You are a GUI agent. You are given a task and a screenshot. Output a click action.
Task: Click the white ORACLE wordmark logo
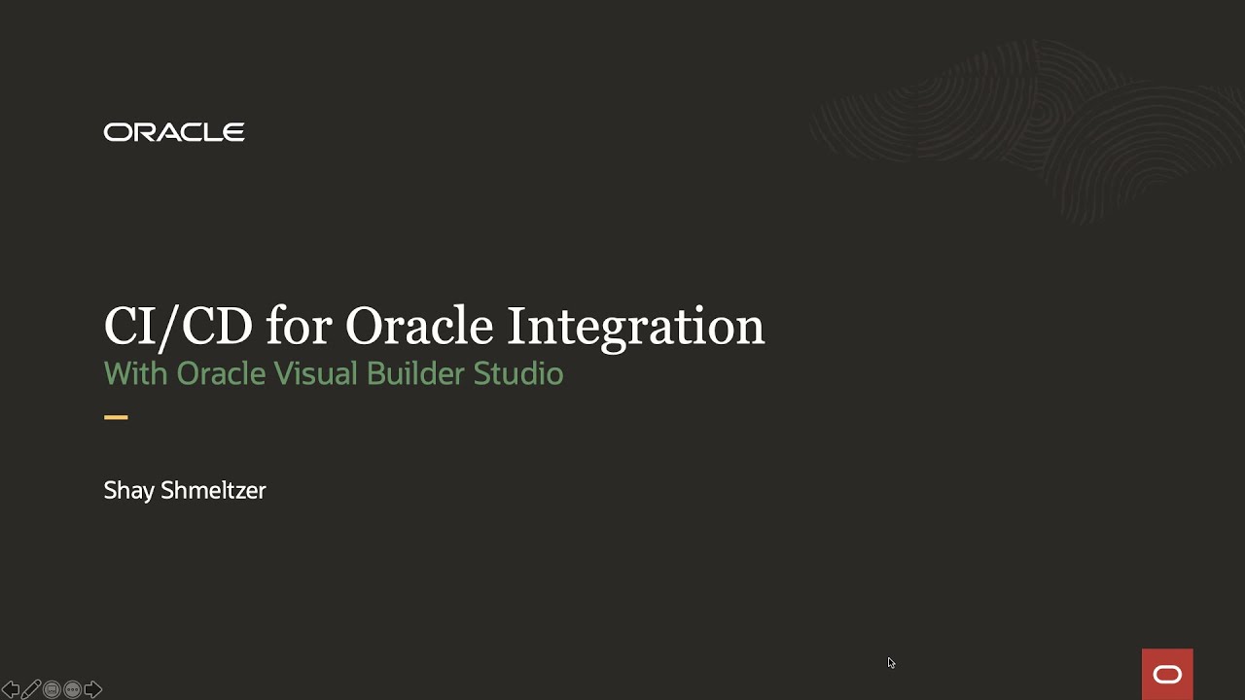[174, 132]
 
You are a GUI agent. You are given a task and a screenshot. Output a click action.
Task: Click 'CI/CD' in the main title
[178, 326]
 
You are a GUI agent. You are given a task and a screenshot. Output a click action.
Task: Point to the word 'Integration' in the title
[635, 326]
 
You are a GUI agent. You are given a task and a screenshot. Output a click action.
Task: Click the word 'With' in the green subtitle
[135, 374]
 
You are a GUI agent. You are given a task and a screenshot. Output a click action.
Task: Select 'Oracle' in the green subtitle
[221, 374]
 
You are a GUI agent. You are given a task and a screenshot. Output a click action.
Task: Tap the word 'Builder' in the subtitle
[415, 374]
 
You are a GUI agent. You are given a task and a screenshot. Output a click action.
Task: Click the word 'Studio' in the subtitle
[518, 374]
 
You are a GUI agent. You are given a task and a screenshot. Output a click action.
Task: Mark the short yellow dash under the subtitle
[116, 417]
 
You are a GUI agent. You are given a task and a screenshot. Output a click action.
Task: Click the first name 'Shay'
[128, 491]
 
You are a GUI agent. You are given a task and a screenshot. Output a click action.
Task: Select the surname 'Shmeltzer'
[213, 491]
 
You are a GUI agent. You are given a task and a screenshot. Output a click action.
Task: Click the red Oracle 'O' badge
[1167, 674]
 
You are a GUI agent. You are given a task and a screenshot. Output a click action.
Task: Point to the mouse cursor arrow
[891, 663]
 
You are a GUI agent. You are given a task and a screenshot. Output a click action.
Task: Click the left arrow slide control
[11, 689]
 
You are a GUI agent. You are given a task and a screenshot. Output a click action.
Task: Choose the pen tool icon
[31, 689]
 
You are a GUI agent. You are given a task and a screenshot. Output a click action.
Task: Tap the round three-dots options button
[72, 689]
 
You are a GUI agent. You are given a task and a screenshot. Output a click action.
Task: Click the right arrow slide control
[93, 689]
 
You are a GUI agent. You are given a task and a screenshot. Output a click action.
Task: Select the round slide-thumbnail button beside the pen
[52, 689]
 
